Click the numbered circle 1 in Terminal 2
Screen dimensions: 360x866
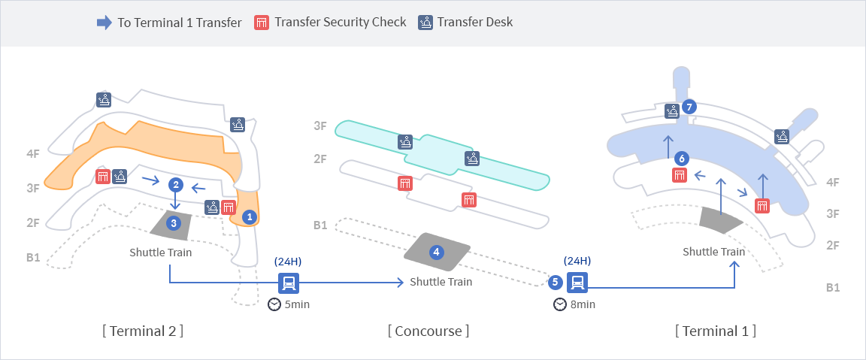click(250, 216)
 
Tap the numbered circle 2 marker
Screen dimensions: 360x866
click(175, 184)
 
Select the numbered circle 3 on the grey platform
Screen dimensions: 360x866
click(174, 222)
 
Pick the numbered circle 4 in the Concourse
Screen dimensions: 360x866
click(436, 252)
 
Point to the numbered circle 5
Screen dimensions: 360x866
click(555, 283)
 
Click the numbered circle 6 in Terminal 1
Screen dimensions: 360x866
click(681, 159)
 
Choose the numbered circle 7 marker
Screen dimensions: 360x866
click(689, 107)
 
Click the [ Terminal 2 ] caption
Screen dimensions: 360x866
click(143, 331)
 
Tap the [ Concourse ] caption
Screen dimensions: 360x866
click(428, 331)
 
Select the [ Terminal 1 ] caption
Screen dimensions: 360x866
click(716, 331)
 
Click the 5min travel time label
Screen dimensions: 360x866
click(297, 304)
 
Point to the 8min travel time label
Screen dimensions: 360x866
click(583, 304)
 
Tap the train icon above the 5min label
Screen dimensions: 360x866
click(289, 283)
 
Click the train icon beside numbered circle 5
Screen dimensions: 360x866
click(577, 283)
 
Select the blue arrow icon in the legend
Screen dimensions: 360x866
click(104, 23)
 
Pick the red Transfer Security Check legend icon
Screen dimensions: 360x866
click(262, 23)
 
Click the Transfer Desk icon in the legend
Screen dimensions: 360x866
click(425, 23)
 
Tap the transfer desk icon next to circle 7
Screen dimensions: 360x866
click(673, 111)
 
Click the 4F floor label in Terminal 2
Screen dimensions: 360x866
click(32, 153)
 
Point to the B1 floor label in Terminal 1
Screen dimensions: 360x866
click(833, 287)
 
